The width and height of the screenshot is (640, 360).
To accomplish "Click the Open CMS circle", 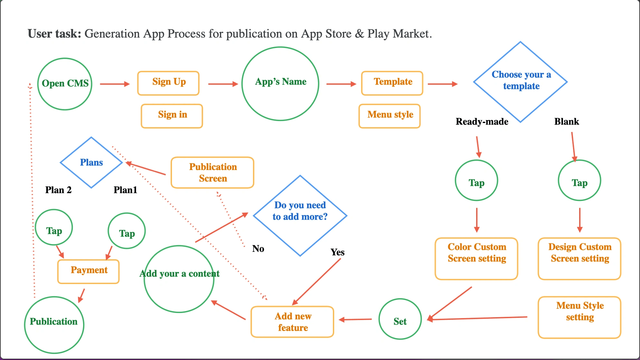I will (65, 84).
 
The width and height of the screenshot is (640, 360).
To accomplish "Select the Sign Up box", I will (168, 83).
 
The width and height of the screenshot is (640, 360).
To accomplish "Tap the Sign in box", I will (172, 116).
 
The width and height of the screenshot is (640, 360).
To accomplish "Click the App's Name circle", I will (280, 84).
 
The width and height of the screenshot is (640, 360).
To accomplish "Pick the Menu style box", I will (390, 116).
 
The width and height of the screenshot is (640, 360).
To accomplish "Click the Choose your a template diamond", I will (520, 82).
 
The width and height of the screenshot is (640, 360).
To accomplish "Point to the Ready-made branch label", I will (482, 122).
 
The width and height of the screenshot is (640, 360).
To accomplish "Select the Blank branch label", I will (566, 122).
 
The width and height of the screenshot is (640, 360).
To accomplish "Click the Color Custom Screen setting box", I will (476, 259).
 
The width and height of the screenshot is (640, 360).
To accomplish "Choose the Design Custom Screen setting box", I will (579, 259).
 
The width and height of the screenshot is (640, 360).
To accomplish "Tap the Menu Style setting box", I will (579, 317).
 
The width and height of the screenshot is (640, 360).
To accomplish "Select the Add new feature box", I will (292, 322).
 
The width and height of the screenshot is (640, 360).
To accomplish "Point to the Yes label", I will (337, 252).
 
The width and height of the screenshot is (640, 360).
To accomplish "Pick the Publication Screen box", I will (212, 173).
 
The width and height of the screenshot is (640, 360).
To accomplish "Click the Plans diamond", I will (91, 163).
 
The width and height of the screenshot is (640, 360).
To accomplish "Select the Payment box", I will (89, 271).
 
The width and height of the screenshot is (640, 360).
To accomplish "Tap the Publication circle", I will (54, 325).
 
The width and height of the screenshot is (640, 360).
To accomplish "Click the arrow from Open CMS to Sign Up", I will (115, 84).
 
